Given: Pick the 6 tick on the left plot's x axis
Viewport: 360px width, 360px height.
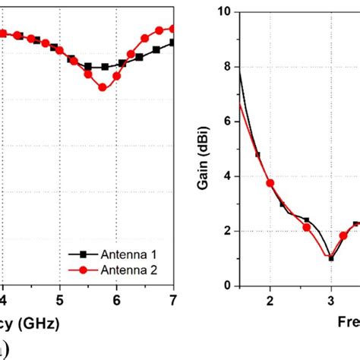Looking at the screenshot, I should click(x=116, y=300).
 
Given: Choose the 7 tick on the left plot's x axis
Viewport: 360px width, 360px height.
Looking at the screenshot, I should click(x=172, y=300).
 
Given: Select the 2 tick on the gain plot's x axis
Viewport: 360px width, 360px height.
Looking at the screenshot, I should click(x=270, y=300).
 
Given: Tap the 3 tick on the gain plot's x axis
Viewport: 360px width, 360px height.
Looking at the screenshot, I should click(x=331, y=300).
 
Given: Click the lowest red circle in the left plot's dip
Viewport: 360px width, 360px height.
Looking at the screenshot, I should click(x=103, y=87).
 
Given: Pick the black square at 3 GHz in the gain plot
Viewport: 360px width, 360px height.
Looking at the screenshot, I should click(x=331, y=258).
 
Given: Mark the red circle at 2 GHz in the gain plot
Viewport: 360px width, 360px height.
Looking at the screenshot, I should click(x=270, y=183).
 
